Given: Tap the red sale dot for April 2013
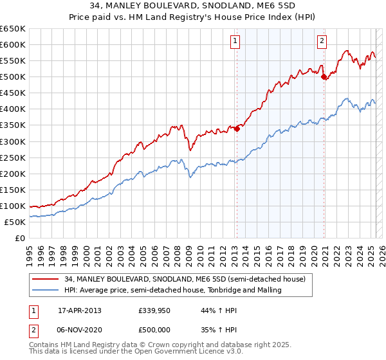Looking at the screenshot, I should point(237,129).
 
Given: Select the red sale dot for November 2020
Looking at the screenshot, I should point(324,76).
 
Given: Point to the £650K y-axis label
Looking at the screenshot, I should point(13,29).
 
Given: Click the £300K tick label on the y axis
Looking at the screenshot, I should point(13,141).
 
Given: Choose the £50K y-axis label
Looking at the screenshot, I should point(15,222).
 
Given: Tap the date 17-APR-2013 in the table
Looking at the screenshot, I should point(80,310).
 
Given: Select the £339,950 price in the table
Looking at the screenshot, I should point(153,310).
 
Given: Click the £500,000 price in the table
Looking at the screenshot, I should point(153,329).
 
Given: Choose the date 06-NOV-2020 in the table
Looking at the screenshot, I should point(80,329).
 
